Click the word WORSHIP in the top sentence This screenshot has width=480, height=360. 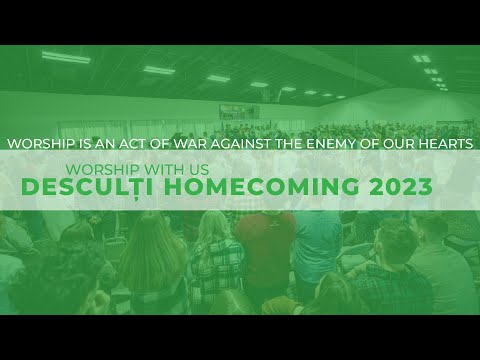coord(36,144)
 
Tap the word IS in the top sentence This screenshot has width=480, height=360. coord(75,144)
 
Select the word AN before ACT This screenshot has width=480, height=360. coord(96,144)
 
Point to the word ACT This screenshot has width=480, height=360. coord(124,144)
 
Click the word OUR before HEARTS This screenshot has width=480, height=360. coord(399,144)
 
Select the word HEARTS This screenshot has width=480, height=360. coord(447,144)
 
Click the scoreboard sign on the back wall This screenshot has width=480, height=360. coord(239,111)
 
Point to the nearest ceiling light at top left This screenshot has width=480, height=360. coord(66,58)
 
